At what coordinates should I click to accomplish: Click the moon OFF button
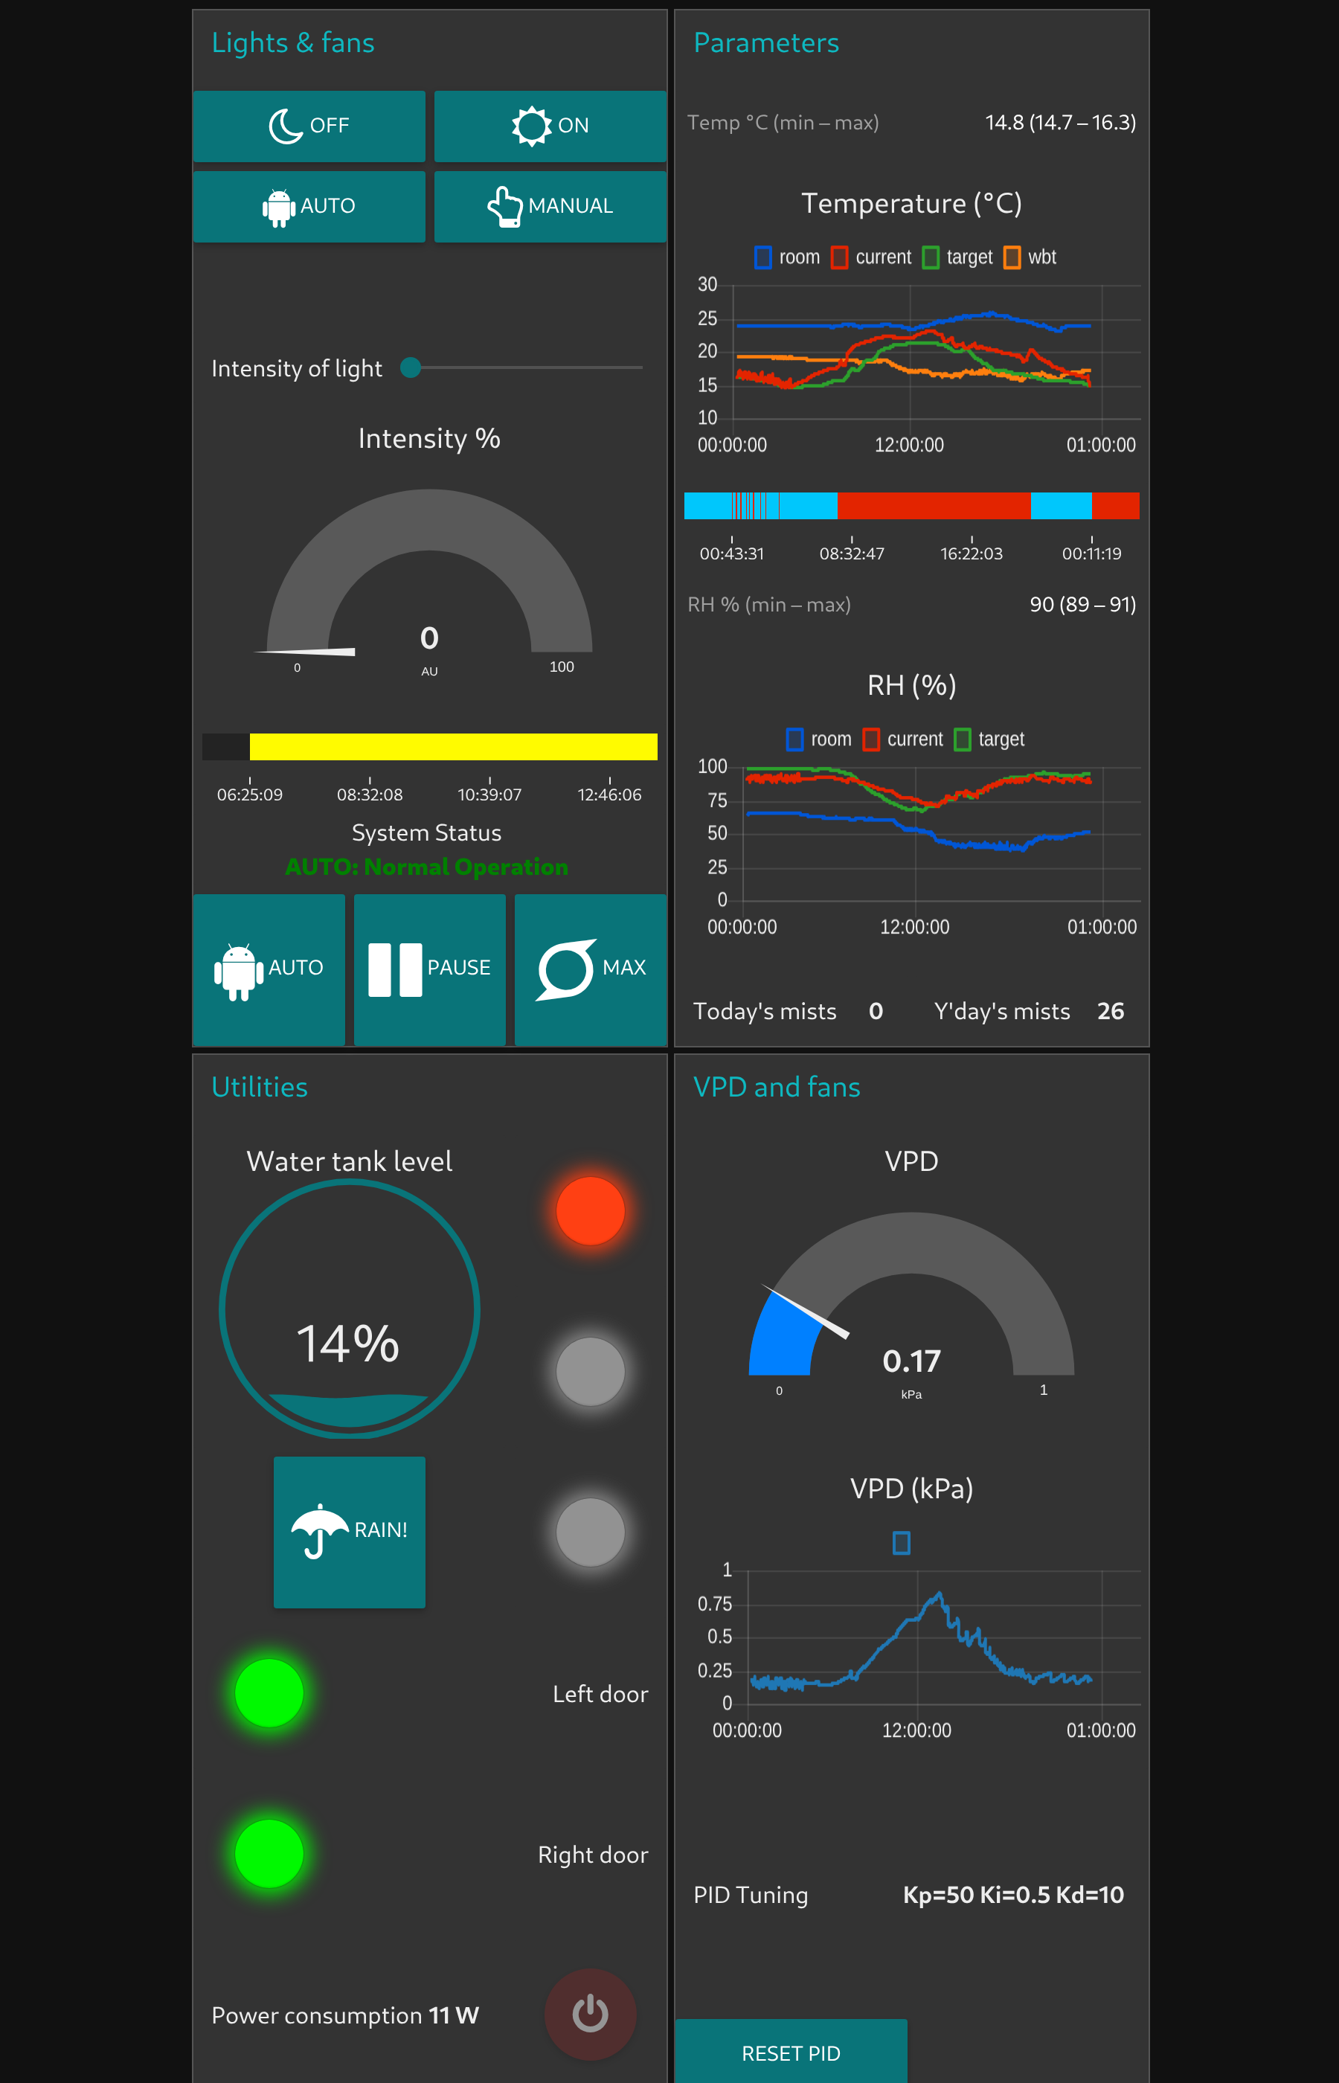(309, 126)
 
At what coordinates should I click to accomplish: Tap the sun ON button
(550, 126)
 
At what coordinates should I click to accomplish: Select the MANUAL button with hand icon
(550, 206)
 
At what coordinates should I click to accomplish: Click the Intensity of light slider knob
(411, 368)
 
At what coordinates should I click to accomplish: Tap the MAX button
(591, 969)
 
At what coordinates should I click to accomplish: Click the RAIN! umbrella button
(349, 1531)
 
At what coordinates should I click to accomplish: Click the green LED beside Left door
(269, 1692)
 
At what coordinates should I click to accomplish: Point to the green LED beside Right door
(269, 1852)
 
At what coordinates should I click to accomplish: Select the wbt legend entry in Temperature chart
(1030, 257)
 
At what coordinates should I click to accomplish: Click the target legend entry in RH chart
(989, 739)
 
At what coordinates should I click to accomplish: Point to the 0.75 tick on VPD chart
(715, 1603)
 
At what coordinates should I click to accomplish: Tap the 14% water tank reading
(348, 1344)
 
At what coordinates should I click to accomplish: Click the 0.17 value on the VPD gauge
(911, 1361)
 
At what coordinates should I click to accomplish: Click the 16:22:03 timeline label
(972, 553)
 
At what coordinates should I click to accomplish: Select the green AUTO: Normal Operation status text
(426, 867)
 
